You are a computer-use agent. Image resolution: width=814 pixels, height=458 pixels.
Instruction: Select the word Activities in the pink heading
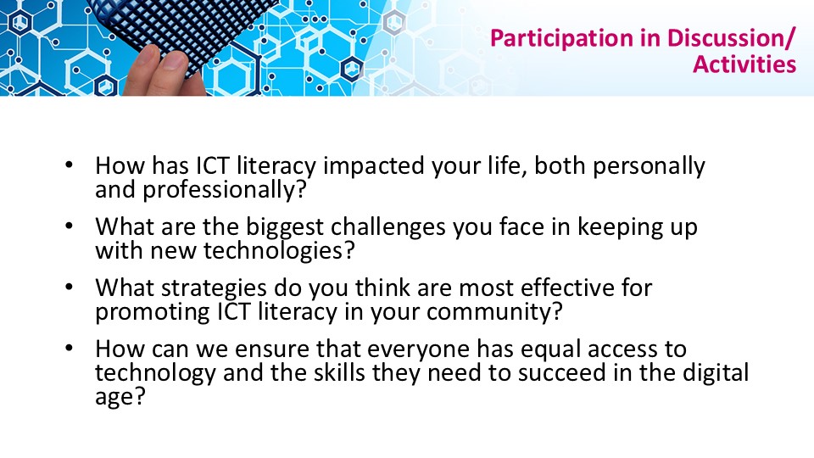[x=744, y=64]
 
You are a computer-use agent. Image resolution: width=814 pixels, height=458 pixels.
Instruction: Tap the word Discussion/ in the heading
[x=731, y=38]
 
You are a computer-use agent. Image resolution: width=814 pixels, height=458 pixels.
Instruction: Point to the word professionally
[x=224, y=190]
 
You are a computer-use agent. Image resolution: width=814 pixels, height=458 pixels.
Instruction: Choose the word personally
[x=649, y=167]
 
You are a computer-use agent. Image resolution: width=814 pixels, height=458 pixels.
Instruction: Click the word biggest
[x=285, y=227]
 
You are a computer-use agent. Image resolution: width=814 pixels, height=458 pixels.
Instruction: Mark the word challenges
[x=387, y=227]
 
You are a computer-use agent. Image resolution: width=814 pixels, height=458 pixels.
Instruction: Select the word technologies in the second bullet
[x=279, y=251]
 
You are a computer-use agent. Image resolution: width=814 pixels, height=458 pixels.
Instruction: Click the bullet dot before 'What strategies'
[x=70, y=288]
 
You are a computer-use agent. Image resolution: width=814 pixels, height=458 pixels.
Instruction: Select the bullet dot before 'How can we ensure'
[x=70, y=349]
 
